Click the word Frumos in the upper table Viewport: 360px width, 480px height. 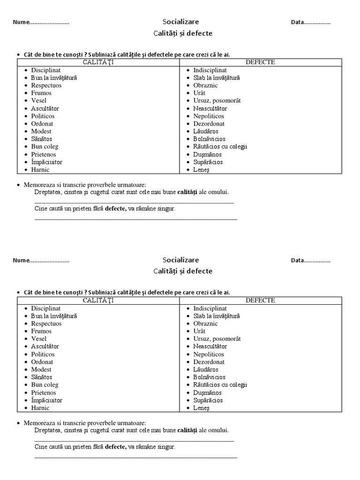tap(41, 93)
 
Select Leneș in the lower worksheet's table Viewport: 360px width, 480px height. tap(202, 408)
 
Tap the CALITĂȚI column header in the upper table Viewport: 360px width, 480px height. tap(98, 62)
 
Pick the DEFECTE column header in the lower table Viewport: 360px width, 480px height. tap(260, 300)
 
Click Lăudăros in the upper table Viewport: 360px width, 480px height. tap(206, 131)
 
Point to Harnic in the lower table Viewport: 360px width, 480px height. tap(40, 408)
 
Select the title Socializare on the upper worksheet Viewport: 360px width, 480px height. tap(180, 22)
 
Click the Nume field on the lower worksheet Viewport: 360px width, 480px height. tap(41, 260)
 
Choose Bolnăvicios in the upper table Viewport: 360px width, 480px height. tap(209, 139)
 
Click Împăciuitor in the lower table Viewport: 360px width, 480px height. tap(46, 400)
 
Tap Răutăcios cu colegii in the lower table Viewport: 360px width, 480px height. tap(220, 385)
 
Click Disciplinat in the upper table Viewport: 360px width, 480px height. tap(46, 70)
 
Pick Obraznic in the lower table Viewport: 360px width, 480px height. tap(205, 323)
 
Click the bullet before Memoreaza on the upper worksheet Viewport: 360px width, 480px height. tap(18, 185)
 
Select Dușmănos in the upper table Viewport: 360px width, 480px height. tap(207, 154)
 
